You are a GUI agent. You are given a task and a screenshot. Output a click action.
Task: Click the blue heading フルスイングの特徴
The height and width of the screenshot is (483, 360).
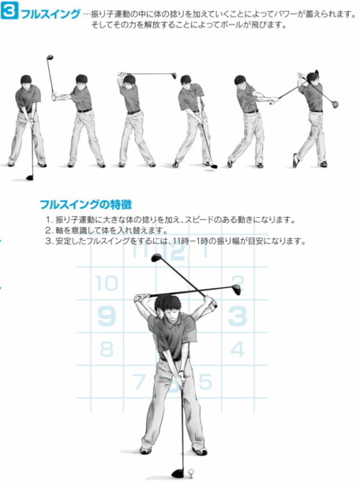86,204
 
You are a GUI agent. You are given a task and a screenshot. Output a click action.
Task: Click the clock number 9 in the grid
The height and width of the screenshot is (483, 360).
107,316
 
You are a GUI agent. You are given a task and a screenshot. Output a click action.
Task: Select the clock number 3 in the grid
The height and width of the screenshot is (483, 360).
238,316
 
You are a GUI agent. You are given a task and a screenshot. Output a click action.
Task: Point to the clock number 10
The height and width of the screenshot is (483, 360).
107,283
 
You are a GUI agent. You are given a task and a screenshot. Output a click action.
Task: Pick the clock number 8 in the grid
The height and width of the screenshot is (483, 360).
107,349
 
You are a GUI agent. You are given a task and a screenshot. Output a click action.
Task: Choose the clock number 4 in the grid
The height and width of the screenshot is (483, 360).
238,349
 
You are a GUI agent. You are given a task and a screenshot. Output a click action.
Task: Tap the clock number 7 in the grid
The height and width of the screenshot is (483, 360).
139,382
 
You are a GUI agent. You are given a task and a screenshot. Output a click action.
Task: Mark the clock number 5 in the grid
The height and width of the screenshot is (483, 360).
205,382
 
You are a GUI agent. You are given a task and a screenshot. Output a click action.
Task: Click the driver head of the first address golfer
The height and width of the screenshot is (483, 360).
29,178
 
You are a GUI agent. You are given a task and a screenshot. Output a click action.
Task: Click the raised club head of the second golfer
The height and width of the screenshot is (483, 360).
50,58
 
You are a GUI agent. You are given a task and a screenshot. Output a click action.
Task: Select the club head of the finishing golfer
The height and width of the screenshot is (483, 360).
335,105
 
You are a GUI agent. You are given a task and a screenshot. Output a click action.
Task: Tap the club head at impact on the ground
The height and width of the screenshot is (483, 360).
213,167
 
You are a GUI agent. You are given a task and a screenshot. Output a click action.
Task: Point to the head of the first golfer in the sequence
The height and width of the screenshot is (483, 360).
27,80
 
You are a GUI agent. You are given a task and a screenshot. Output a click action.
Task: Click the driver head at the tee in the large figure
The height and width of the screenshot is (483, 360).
178,473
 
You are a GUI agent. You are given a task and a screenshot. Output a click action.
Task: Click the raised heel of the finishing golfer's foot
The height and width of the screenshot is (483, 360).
295,160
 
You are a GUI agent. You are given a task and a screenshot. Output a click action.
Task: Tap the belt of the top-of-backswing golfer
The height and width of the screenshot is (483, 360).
133,112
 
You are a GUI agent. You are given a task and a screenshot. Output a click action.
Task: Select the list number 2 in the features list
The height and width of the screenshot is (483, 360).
49,230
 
